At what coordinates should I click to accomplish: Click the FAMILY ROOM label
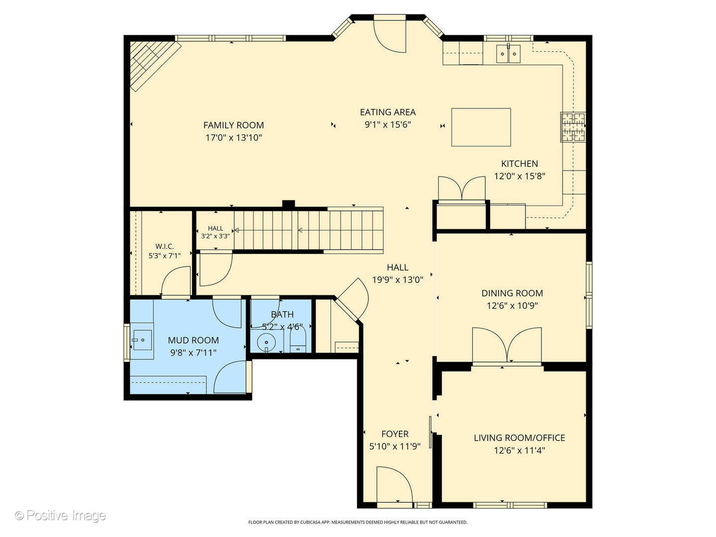pos(233,125)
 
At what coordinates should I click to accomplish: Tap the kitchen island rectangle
pos(481,127)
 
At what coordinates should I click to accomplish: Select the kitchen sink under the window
pos(508,53)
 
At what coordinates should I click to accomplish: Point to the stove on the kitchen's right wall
pos(573,127)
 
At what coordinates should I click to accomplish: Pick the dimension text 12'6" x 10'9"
pos(512,306)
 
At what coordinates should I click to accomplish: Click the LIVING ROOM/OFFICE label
pos(519,438)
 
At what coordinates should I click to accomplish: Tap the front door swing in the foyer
pos(394,485)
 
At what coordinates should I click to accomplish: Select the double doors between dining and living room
pos(507,345)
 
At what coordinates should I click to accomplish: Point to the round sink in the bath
pos(267,342)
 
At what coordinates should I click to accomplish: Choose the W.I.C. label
pos(164,247)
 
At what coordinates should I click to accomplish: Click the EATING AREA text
pos(387,112)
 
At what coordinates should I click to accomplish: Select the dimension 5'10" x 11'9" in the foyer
pos(394,447)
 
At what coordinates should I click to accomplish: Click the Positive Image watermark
pos(60,515)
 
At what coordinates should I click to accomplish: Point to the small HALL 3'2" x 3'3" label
pos(215,232)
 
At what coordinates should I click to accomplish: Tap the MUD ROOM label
pos(193,341)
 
